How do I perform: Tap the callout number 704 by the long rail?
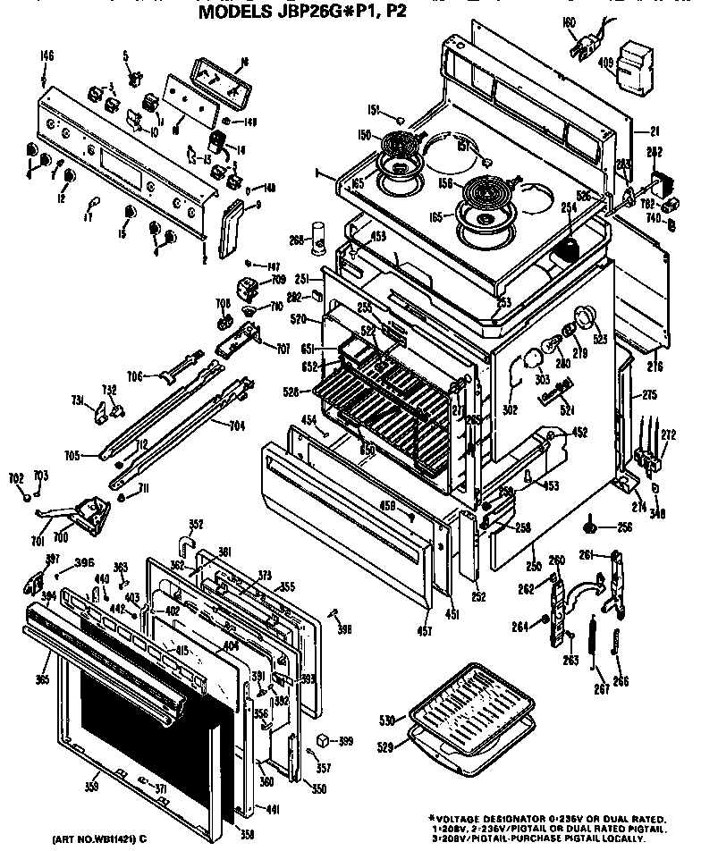(x=237, y=426)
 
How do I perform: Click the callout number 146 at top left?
(x=46, y=56)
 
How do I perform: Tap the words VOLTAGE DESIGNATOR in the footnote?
(x=500, y=818)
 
